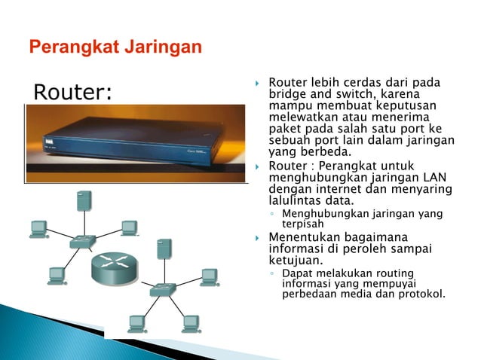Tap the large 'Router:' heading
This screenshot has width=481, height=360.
point(73,93)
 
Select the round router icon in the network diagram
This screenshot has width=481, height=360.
point(115,268)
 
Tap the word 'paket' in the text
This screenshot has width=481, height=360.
point(285,130)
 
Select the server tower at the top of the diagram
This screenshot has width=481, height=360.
point(84,201)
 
